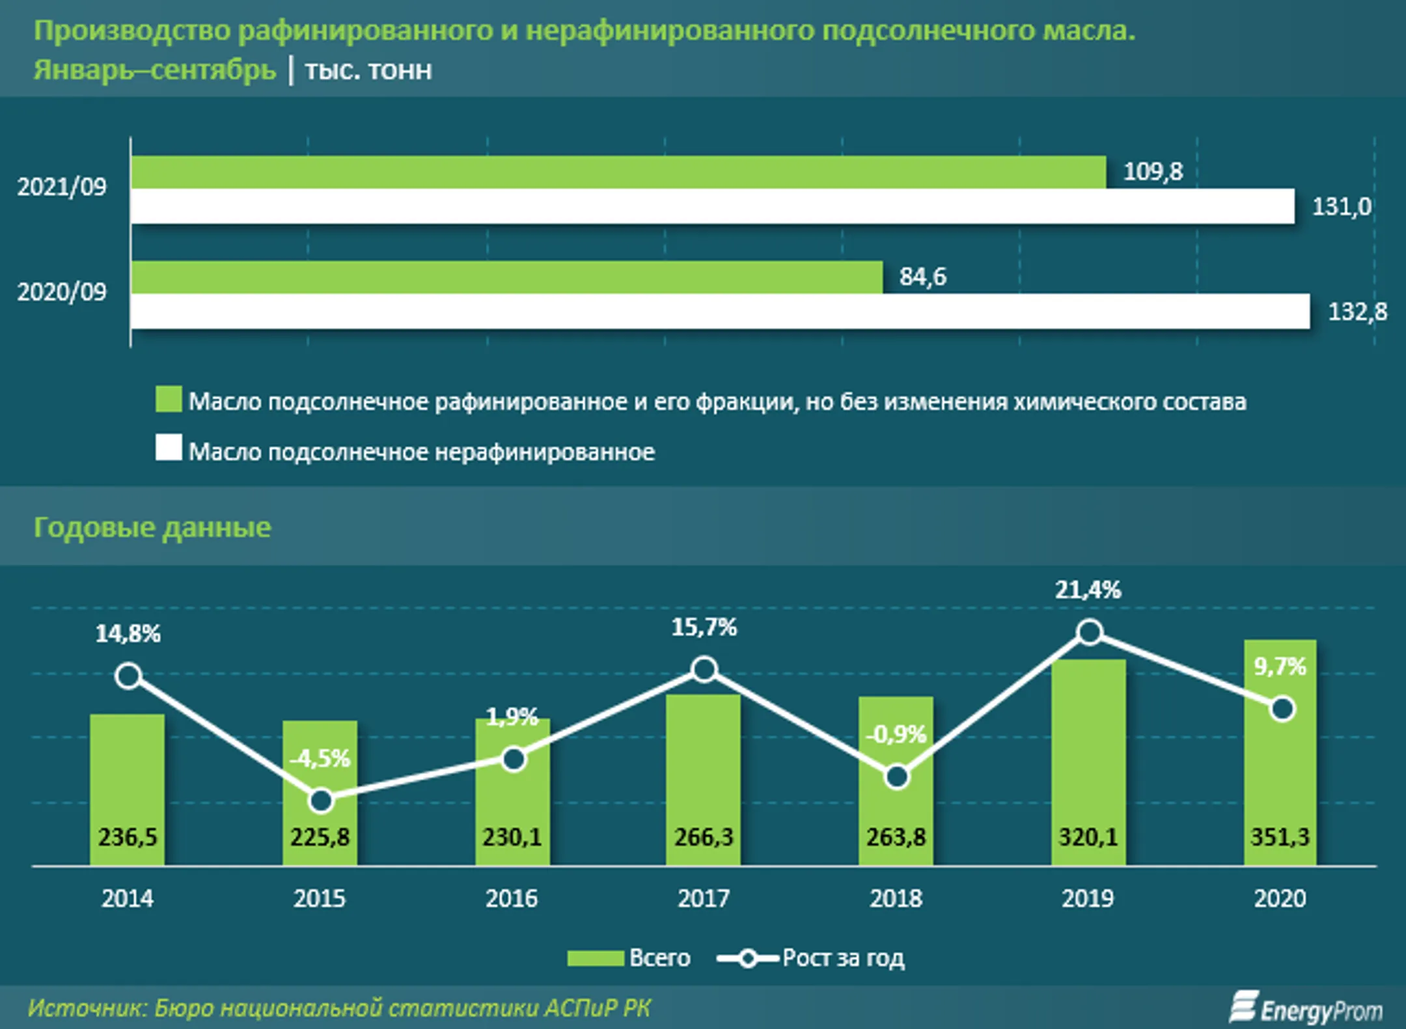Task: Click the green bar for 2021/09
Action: [618, 172]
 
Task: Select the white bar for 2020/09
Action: [720, 311]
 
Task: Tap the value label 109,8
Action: [1153, 172]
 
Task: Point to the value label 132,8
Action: [1357, 312]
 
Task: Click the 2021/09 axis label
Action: [62, 187]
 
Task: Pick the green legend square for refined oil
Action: [169, 399]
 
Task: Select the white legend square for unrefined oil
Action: [169, 448]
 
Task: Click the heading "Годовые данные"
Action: [152, 527]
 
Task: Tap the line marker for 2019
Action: [1090, 632]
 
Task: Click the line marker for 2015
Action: [320, 801]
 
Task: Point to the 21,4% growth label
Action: [1088, 590]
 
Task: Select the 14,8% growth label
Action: [128, 633]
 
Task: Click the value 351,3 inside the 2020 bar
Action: [1280, 836]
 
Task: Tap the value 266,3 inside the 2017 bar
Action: [704, 836]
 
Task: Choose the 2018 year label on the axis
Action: [896, 898]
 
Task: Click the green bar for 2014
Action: [127, 790]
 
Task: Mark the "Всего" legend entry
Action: [629, 958]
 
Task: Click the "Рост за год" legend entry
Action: [810, 958]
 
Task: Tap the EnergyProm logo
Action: [1306, 1008]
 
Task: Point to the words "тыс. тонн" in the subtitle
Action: [368, 70]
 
